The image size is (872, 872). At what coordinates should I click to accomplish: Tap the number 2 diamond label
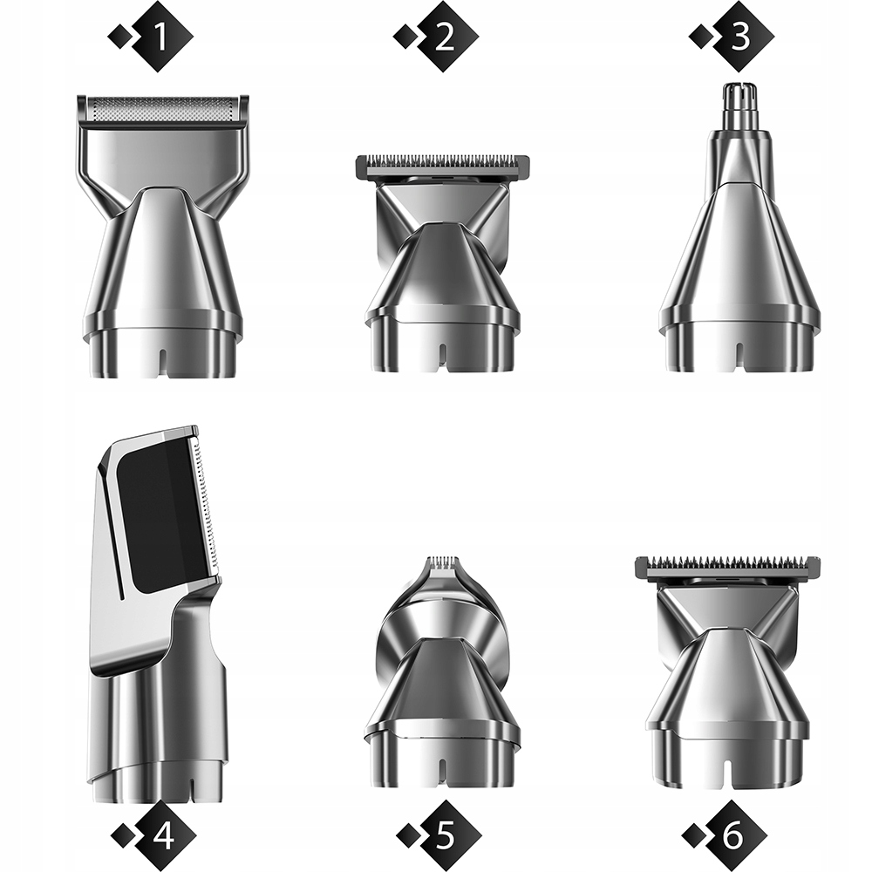(x=445, y=37)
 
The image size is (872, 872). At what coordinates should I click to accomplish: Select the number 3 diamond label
(x=739, y=37)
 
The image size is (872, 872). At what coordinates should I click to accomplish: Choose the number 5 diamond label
(x=447, y=835)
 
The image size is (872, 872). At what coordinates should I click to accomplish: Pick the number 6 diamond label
(x=732, y=835)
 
